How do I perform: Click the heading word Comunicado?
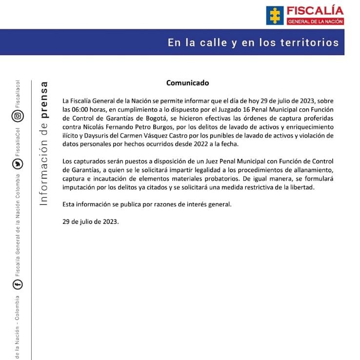[x=187, y=83]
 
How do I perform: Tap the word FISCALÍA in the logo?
[x=315, y=11]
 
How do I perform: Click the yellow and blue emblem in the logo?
[x=275, y=15]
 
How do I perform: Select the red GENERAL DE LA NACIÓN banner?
[x=315, y=21]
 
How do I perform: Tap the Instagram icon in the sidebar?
[x=18, y=116]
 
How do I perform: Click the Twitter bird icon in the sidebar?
[x=18, y=165]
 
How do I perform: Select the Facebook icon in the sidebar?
[x=18, y=284]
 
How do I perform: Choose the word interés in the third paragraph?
[x=193, y=204]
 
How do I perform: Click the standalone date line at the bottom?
[x=91, y=221]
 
